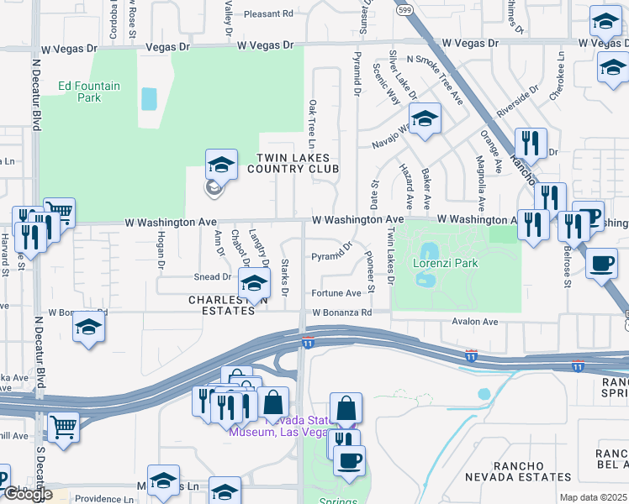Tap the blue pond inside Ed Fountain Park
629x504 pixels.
149,99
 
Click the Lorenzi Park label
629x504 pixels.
446,263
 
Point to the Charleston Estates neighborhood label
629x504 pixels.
221,305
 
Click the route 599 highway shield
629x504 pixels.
405,9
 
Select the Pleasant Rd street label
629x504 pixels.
268,14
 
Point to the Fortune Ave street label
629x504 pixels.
336,293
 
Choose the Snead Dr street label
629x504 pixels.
212,276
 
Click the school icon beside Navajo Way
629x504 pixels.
425,120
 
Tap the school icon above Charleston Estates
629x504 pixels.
254,285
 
